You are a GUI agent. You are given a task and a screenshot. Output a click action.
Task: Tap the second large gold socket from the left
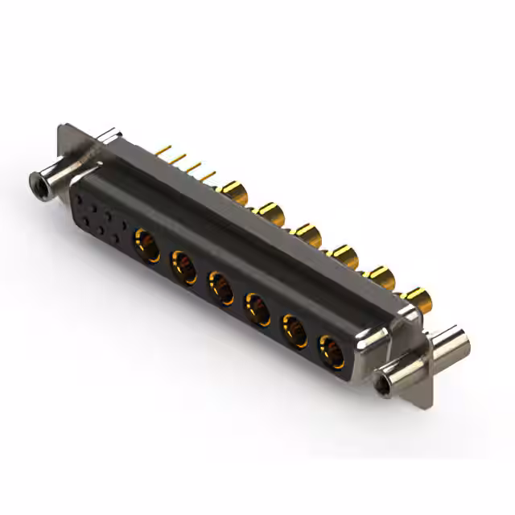tap(183, 263)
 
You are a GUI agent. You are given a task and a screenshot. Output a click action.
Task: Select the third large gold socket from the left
tap(220, 285)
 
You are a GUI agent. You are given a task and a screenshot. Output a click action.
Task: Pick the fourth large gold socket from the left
tap(257, 307)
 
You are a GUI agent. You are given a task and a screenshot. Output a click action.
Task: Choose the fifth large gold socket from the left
tap(295, 329)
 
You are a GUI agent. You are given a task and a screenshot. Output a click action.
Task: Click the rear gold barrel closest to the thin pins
tap(234, 192)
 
